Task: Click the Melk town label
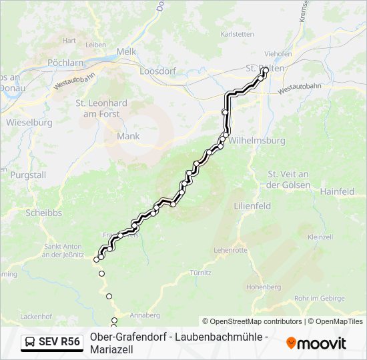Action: pos(126,51)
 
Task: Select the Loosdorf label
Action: pos(157,70)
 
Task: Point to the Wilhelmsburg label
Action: pos(257,141)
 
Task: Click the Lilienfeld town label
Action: pos(252,206)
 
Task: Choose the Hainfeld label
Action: pos(337,191)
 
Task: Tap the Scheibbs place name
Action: pos(43,213)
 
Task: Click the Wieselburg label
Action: pos(29,123)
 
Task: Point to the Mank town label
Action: pos(128,136)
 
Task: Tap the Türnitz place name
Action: pos(200,273)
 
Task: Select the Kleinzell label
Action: pos(320,237)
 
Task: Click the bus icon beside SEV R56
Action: pos(31,343)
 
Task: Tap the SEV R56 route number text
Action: pos(59,343)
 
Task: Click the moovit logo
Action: pos(316,343)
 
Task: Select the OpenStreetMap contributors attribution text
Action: pos(252,321)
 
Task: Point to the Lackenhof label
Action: pos(36,315)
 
